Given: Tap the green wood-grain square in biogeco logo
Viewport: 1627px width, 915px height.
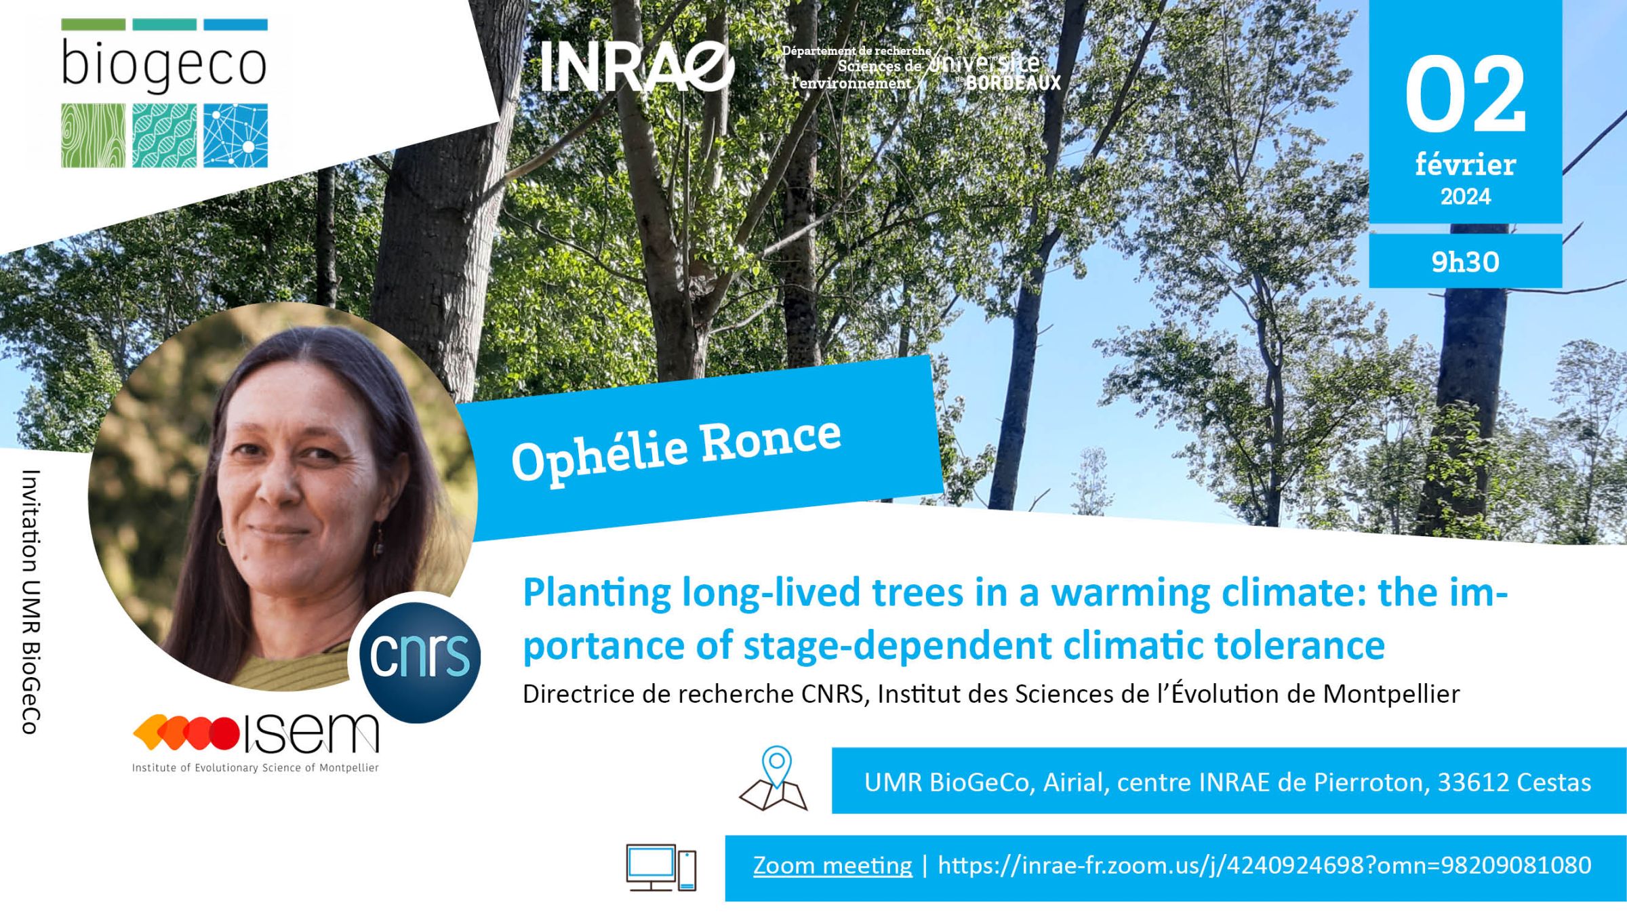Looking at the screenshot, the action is point(93,136).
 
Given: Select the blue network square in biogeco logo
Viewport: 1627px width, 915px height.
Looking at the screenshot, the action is point(235,136).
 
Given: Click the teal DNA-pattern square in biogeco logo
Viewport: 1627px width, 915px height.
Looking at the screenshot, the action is point(164,136).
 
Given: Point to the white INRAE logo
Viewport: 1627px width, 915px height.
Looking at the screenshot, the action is point(637,66).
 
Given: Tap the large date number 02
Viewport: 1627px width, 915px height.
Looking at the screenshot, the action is point(1464,95).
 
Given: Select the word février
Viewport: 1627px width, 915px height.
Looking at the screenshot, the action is point(1465,164).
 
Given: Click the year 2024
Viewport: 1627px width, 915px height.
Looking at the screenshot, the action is point(1466,197).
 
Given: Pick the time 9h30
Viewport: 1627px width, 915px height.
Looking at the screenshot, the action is point(1465,262).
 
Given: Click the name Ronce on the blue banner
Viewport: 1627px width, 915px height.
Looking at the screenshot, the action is point(770,441).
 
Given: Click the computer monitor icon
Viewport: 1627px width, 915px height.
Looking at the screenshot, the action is point(651,868).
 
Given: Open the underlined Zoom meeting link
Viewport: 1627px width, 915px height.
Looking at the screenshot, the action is point(832,866).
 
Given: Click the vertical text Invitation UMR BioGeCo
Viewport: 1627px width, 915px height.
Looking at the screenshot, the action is point(30,602).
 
